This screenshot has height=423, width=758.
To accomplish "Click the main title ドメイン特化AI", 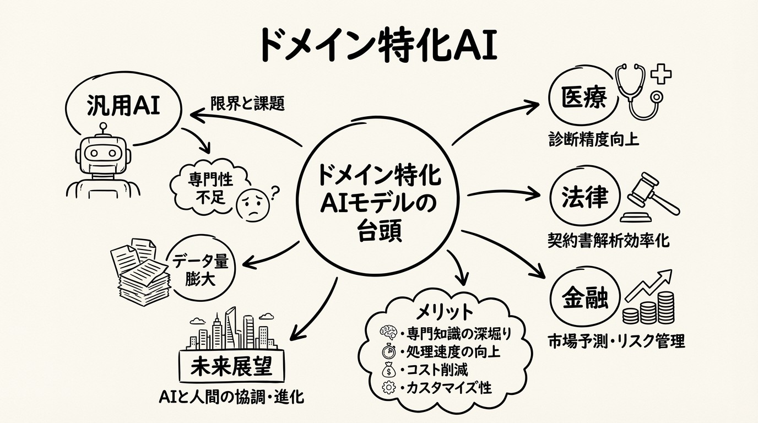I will pyautogui.click(x=378, y=45).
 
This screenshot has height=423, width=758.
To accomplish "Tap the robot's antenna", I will pyautogui.click(x=101, y=128).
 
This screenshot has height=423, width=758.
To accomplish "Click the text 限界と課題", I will pyautogui.click(x=247, y=104).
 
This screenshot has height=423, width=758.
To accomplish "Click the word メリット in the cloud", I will pyautogui.click(x=445, y=312).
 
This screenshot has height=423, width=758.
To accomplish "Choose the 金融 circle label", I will pyautogui.click(x=584, y=299).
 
